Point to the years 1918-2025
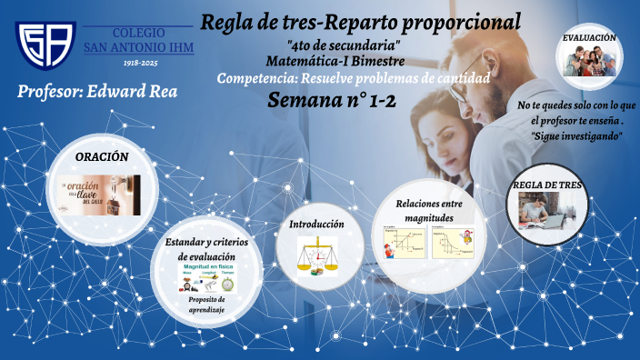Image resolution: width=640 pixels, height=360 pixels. pos(139,64)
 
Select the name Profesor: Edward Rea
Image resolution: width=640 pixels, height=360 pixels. pos(96,92)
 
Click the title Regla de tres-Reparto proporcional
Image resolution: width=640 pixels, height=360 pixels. pos(361,21)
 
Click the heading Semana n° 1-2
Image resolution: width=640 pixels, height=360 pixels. pos(333,100)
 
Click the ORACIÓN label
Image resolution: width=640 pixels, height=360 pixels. pos(102,157)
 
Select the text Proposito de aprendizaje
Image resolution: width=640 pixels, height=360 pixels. pos(207,305)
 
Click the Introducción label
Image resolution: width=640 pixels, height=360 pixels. pos(316,224)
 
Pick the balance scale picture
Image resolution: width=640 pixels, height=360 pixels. pos(316,255)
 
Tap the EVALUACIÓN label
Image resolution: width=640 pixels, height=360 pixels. pos(589,38)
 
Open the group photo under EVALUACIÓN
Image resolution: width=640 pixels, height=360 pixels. pos(589,62)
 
